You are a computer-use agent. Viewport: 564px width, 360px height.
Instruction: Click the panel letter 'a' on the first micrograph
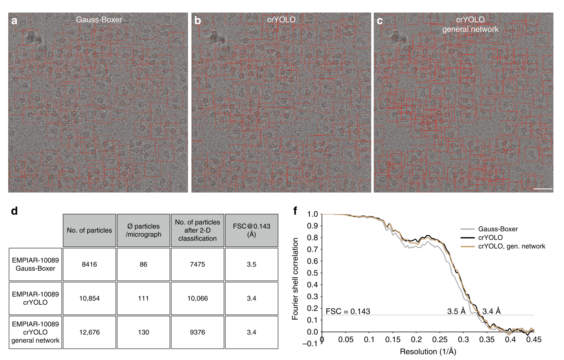pyautogui.click(x=14, y=21)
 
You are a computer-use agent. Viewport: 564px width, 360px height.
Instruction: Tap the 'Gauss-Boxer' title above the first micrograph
pyautogui.click(x=99, y=19)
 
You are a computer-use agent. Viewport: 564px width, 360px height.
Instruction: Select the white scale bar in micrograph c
pyautogui.click(x=542, y=189)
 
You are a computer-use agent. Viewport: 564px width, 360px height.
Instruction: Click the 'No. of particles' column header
pyautogui.click(x=89, y=231)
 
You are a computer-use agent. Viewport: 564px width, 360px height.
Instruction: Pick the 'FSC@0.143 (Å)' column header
pyautogui.click(x=251, y=231)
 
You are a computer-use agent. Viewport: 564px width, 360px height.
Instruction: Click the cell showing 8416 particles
pyautogui.click(x=89, y=264)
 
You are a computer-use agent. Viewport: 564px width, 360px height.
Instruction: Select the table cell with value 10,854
pyautogui.click(x=89, y=298)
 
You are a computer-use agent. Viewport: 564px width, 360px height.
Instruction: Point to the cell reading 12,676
pyautogui.click(x=89, y=332)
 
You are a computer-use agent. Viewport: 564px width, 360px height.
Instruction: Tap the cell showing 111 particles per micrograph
pyautogui.click(x=143, y=298)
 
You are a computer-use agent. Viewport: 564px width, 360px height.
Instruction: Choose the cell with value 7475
pyautogui.click(x=197, y=264)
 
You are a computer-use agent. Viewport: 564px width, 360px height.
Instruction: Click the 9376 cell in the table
pyautogui.click(x=197, y=332)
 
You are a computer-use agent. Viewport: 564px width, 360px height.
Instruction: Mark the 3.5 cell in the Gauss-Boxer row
pyautogui.click(x=251, y=264)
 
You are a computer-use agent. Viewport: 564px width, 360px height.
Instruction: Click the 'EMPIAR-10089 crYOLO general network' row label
pyautogui.click(x=36, y=332)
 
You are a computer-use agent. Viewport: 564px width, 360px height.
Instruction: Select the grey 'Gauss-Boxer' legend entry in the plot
pyautogui.click(x=497, y=229)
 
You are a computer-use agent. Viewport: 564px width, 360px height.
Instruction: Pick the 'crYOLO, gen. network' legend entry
pyautogui.click(x=511, y=246)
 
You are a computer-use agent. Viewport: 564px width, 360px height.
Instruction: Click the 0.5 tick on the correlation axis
pyautogui.click(x=312, y=273)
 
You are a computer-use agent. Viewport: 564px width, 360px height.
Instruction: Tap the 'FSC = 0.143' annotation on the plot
pyautogui.click(x=348, y=312)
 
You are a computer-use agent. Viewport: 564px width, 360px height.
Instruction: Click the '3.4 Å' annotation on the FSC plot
pyautogui.click(x=491, y=311)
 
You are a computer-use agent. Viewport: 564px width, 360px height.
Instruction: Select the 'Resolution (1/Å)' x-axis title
pyautogui.click(x=428, y=352)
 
